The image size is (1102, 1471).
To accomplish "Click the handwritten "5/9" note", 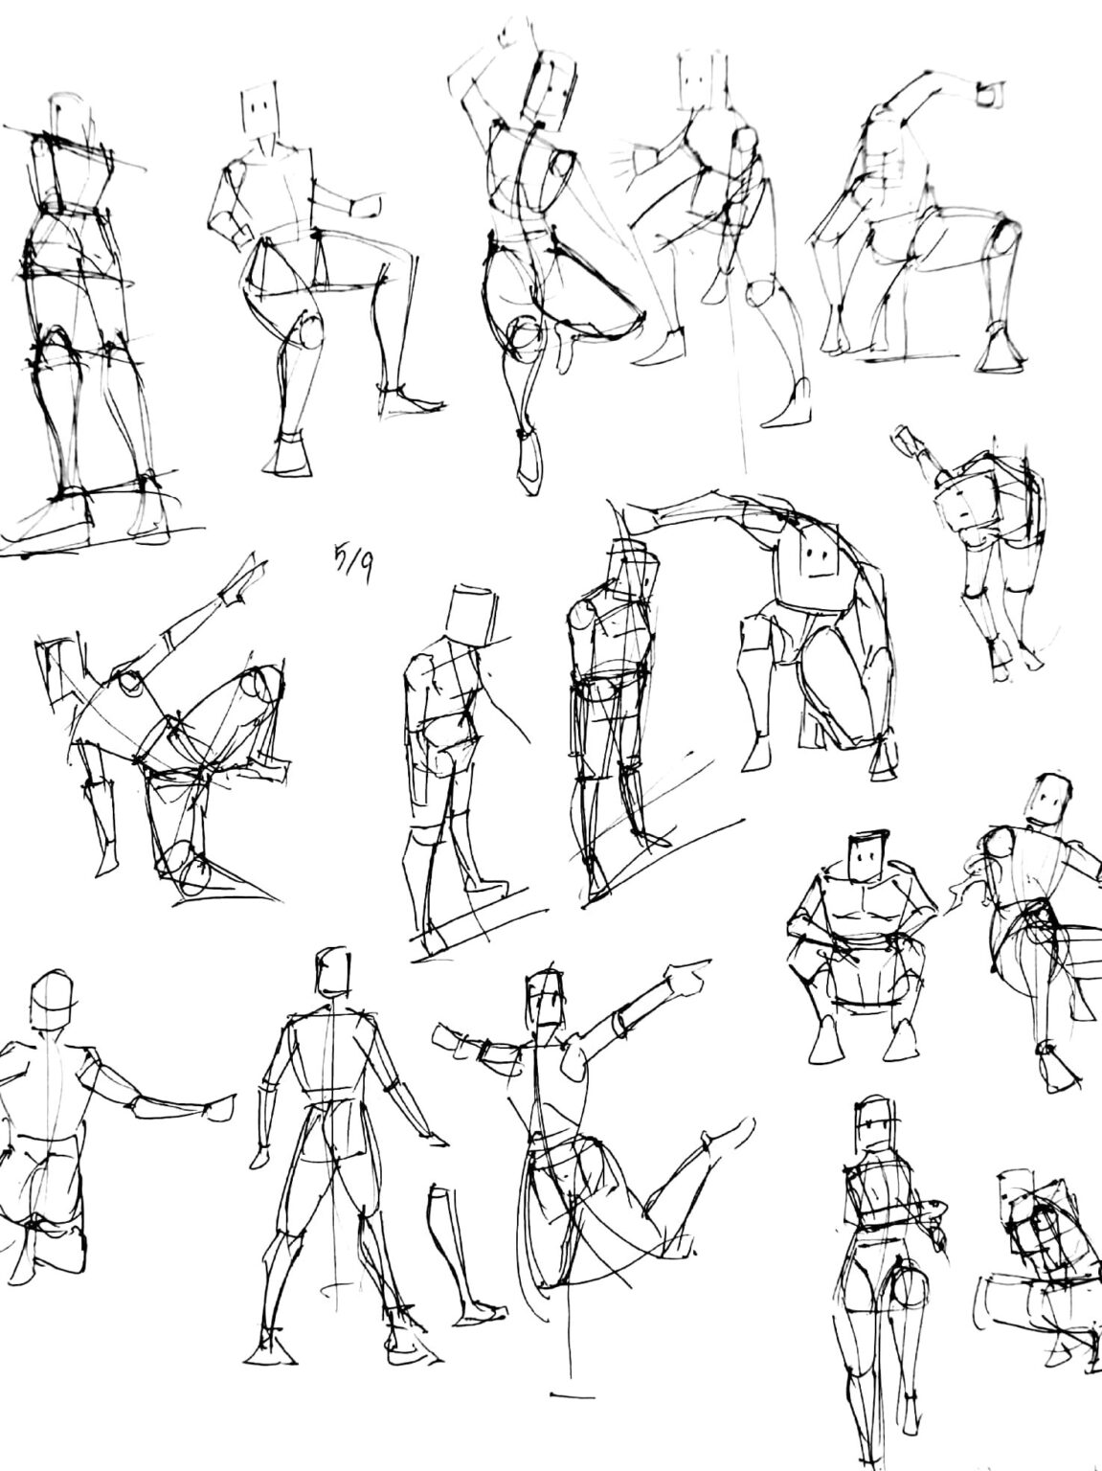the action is tap(353, 561).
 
